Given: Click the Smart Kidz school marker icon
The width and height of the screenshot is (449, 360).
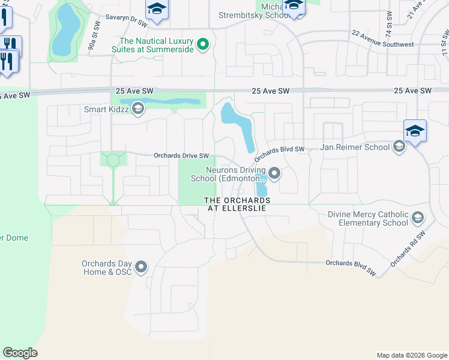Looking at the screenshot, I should coord(138,109).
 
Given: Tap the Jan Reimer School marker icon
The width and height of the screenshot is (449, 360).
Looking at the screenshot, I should coord(399,147).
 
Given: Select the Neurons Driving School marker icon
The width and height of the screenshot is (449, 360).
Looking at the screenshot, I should coord(275,174).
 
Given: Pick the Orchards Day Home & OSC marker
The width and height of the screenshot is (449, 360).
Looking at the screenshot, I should coord(142,267).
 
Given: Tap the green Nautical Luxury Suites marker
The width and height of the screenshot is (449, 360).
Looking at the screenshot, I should coord(203,44).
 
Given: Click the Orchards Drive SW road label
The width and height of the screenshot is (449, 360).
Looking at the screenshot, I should coord(181,155).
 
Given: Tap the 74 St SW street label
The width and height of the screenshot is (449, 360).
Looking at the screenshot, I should coord(389,23).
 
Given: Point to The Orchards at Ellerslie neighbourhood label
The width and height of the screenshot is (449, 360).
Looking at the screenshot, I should coord(237,203).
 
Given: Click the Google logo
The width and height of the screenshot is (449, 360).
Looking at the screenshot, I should coord(20,352).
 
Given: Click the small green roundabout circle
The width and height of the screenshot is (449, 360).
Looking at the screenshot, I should coord(113,160).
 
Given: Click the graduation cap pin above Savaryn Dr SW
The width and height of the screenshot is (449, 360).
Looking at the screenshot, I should coord(157,8).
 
